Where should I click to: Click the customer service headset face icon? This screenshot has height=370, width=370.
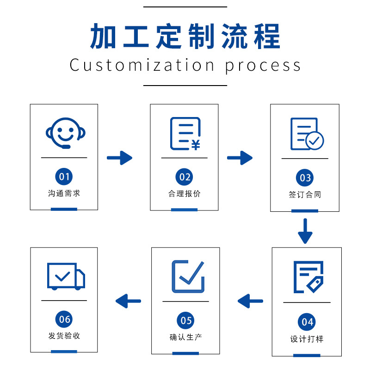click(x=65, y=133)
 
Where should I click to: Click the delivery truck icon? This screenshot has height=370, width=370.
click(x=66, y=276)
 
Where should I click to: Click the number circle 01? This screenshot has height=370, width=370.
click(x=64, y=176)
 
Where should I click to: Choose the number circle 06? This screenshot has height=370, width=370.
click(x=64, y=319)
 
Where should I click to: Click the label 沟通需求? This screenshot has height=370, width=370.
click(x=64, y=193)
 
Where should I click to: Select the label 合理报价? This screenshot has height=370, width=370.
click(x=185, y=194)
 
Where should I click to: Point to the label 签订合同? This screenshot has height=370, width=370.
click(x=305, y=195)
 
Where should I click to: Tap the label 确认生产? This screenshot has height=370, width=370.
click(x=185, y=337)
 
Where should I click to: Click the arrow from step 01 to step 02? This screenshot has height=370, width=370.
click(x=119, y=158)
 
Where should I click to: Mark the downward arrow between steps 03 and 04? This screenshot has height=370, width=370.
click(x=305, y=231)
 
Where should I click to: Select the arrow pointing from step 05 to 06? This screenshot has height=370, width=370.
click(x=128, y=301)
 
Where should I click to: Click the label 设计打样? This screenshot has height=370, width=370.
click(x=307, y=339)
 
